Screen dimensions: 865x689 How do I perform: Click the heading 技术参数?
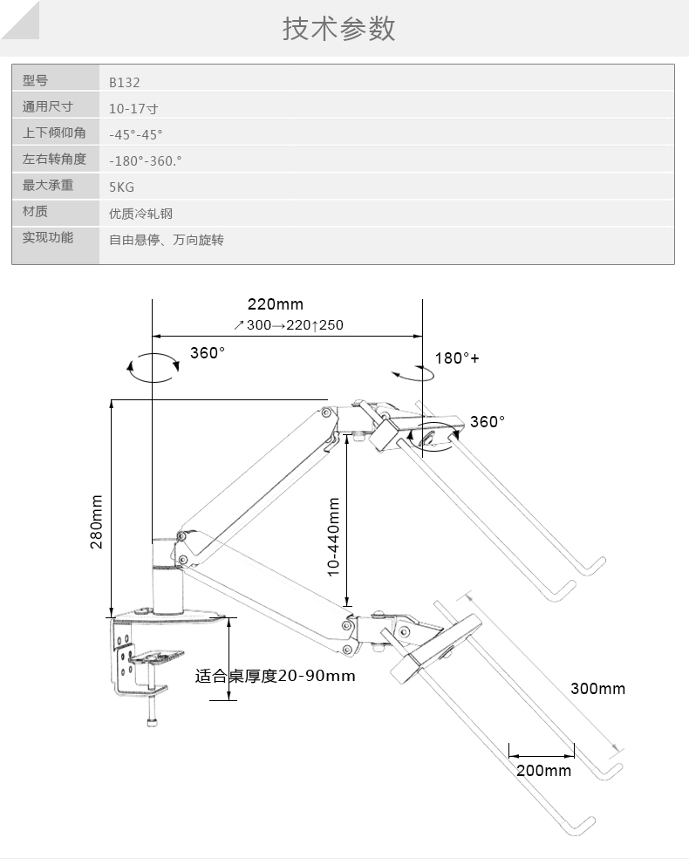pos(339,29)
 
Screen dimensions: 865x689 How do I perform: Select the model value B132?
pos(125,83)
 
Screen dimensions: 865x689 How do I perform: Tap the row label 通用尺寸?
pos(47,107)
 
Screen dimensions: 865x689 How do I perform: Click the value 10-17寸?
pos(133,109)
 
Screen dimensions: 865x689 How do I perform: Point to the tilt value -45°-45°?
pos(136,135)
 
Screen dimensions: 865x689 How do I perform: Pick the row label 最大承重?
pos(47,186)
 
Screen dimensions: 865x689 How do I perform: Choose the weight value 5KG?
pos(122,187)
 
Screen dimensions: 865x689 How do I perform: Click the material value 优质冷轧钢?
pos(135,214)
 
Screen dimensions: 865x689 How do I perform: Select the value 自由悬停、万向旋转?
pos(166,240)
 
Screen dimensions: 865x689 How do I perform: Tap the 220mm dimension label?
pos(276,304)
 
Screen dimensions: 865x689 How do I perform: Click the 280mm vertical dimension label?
pos(97,521)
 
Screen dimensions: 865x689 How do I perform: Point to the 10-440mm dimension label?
pos(333,536)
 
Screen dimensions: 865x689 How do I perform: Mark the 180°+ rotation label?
pos(458,358)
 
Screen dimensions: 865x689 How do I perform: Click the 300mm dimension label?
pos(598,689)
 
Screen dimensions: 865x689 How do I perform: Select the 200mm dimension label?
pos(543,770)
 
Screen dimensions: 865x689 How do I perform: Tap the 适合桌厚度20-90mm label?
pos(275,676)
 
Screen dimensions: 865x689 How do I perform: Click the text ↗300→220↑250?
pos(289,325)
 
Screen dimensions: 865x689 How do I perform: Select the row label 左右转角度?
pos(54,160)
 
